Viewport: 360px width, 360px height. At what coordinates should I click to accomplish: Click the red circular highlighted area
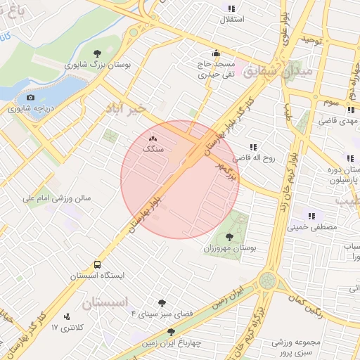click(180, 179)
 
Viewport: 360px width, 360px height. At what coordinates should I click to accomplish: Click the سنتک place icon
click(153, 139)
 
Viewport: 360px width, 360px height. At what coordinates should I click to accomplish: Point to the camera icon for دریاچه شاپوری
click(30, 98)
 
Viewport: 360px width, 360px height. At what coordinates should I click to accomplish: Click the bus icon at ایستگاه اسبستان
click(96, 265)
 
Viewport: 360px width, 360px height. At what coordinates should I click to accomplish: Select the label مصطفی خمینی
click(312, 227)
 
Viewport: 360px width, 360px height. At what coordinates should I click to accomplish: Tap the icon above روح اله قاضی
click(252, 147)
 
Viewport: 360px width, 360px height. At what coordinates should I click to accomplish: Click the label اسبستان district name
click(105, 303)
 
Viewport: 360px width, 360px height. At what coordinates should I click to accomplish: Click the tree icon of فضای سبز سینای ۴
click(162, 302)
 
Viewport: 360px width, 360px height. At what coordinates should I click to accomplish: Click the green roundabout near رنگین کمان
click(267, 281)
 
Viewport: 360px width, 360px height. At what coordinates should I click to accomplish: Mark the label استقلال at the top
click(232, 19)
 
